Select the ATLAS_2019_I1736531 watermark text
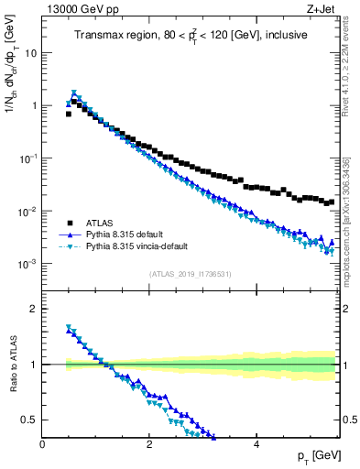191,274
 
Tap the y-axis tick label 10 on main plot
31,52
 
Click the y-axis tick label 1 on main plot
34,105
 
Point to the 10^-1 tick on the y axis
29,158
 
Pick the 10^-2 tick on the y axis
29,211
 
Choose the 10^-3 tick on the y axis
29,264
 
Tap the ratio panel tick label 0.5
31,420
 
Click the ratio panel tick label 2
34,309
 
